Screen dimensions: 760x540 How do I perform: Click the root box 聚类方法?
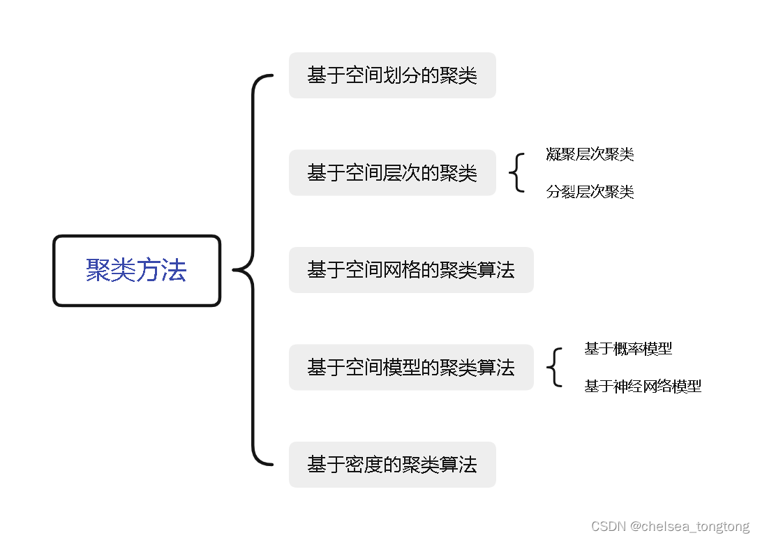137,271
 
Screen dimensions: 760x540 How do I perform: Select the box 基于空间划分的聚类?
392,75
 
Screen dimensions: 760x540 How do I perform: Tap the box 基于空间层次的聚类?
392,173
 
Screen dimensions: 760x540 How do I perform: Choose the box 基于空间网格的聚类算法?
411,270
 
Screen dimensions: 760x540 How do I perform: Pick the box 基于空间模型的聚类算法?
411,367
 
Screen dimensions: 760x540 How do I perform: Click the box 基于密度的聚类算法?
392,465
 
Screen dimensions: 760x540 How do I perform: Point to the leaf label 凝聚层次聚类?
590,155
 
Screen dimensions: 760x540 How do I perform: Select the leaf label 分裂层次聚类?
590,192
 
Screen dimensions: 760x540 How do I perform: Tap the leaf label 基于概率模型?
628,349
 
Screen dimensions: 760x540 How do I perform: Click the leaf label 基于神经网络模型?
643,386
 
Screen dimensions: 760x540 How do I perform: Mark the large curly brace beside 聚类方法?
251,270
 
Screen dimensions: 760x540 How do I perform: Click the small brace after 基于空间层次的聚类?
516,173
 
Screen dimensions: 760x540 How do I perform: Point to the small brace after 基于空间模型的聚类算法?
554,368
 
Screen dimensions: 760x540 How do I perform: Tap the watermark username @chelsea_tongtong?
690,526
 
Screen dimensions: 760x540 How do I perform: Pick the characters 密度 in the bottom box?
364,465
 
